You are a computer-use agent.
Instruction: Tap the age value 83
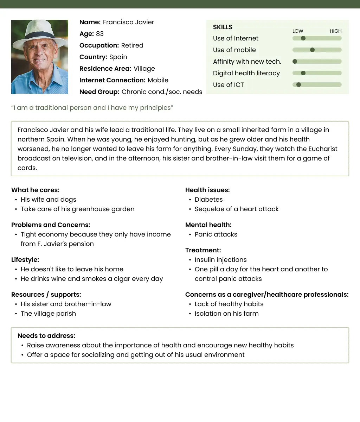[x=100, y=34]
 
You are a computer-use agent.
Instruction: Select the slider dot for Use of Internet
[x=303, y=38]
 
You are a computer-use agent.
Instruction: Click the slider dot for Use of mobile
[x=312, y=50]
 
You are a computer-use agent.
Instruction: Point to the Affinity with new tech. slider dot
[x=295, y=62]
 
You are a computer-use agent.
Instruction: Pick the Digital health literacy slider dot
[x=303, y=73]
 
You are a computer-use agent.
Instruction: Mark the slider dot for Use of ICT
[x=298, y=85]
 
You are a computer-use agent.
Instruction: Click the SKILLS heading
[x=223, y=27]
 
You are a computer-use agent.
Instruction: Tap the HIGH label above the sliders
[x=335, y=31]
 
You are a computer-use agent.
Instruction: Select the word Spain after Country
[x=118, y=57]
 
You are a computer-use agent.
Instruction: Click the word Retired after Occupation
[x=132, y=45]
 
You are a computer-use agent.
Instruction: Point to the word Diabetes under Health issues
[x=208, y=200]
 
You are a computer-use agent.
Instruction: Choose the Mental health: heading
[x=208, y=225]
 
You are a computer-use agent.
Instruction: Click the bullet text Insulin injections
[x=220, y=260]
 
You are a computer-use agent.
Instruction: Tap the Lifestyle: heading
[x=25, y=260]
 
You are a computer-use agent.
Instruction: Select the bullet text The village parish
[x=48, y=314]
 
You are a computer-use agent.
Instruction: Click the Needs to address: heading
[x=46, y=336]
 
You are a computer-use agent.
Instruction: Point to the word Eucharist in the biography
[x=323, y=149]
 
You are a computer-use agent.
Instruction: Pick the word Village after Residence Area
[x=144, y=69]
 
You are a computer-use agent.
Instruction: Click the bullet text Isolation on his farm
[x=226, y=314]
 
